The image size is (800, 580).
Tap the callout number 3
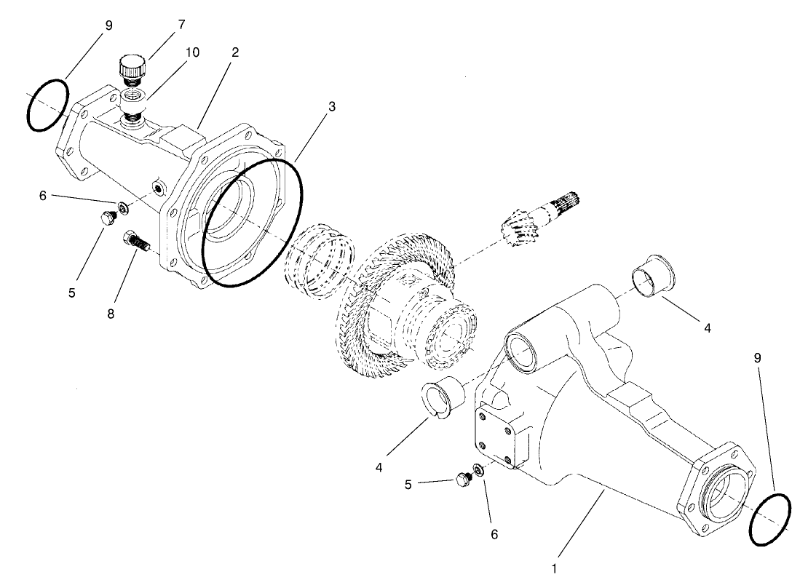coord(332,106)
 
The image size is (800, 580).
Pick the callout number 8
coord(110,314)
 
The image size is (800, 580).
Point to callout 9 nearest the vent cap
coord(108,25)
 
